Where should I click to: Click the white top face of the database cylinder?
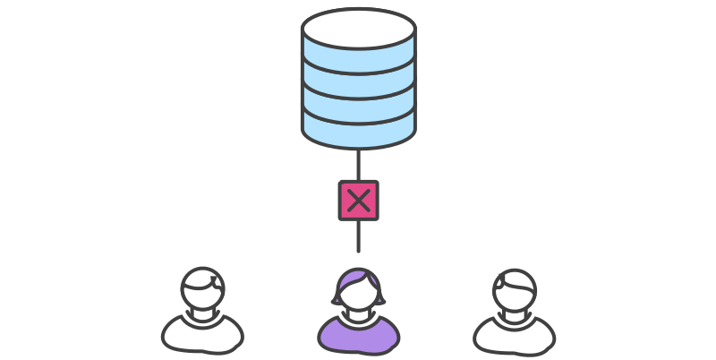(358, 27)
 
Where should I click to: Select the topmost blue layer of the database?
(358, 59)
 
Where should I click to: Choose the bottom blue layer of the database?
(358, 132)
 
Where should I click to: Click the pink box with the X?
(358, 201)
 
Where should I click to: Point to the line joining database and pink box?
(358, 166)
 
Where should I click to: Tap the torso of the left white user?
(202, 335)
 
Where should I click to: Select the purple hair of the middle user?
(358, 277)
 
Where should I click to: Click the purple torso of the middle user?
(358, 337)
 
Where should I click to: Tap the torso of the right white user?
(514, 335)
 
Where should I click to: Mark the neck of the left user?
(202, 314)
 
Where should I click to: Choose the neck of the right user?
(514, 314)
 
